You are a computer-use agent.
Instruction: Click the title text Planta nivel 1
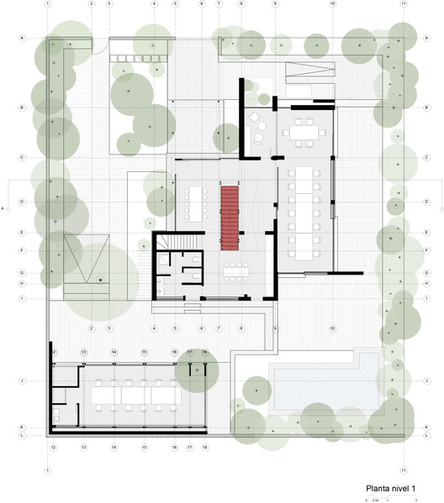pos(391,488)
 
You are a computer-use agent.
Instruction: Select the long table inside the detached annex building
pos(135,393)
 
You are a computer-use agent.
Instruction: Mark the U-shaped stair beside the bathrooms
pos(181,243)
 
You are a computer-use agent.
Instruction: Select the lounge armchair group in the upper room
pos(262,129)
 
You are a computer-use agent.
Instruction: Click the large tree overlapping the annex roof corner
pos(197,369)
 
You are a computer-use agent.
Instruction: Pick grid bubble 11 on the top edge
pos(404,4)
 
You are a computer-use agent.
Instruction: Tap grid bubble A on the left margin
pos(22,39)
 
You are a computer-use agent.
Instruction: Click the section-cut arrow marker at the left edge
pos(6,204)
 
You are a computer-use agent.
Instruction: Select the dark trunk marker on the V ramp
pos(98,277)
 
